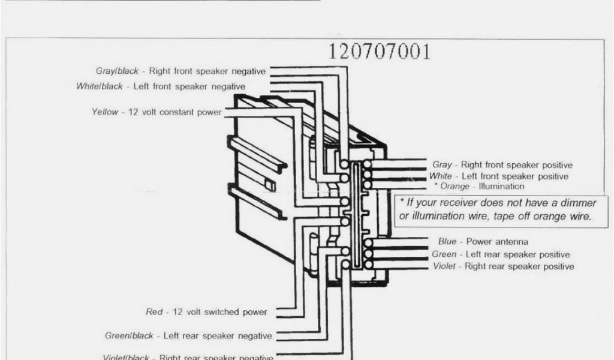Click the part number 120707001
(379, 52)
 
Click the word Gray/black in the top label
(118, 71)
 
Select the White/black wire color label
(100, 86)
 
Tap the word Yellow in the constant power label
(105, 112)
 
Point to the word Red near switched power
(154, 312)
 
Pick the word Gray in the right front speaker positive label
(442, 164)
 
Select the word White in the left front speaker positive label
(441, 176)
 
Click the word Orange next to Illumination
(455, 187)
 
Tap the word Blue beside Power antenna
(447, 242)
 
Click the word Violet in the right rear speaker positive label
(444, 266)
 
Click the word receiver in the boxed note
(450, 203)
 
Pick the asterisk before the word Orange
(436, 186)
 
